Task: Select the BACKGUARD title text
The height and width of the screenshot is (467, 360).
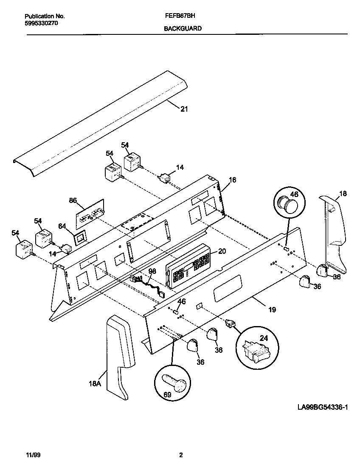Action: (183, 28)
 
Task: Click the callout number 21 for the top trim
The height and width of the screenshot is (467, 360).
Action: (184, 109)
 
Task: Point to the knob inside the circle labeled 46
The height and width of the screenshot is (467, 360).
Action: (290, 207)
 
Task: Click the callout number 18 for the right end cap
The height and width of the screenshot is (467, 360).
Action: (343, 194)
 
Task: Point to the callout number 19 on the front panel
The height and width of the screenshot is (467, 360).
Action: (272, 309)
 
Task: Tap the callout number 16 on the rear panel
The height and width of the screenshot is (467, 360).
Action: (232, 180)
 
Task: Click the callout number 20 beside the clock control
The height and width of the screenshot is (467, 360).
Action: (221, 251)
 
